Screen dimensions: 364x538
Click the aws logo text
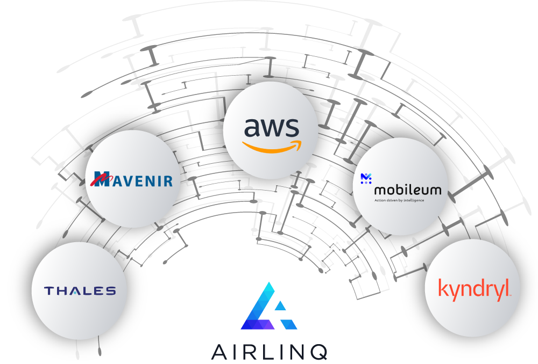point(271,128)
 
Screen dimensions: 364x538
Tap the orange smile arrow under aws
point(271,147)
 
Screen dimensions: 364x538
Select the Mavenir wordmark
point(133,179)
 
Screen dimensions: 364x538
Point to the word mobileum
point(407,190)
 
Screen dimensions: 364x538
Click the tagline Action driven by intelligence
point(399,200)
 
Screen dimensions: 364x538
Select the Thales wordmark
point(80,291)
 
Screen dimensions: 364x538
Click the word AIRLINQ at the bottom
point(269,352)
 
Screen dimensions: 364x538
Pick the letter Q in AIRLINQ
point(318,352)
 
